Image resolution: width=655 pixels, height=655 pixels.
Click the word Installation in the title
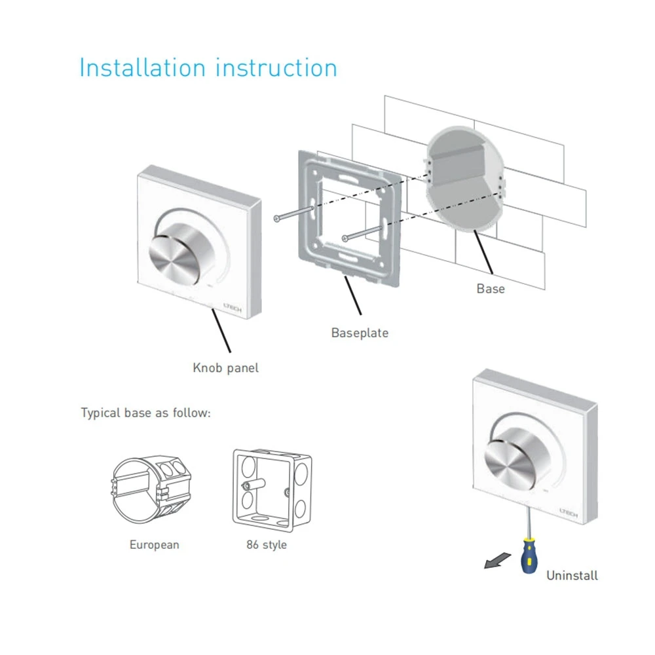coord(142,67)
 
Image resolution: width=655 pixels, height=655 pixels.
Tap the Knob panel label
coord(225,368)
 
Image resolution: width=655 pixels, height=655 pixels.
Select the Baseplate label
coord(360,333)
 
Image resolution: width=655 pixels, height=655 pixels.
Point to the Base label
coord(491,289)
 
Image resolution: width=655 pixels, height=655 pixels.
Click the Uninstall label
coord(572,576)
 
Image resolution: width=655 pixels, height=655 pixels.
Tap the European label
coord(154,545)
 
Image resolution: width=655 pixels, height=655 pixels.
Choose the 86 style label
coord(267,545)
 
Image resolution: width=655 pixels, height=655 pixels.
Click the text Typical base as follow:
coord(146,413)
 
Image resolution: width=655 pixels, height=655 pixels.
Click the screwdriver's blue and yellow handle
coord(529,556)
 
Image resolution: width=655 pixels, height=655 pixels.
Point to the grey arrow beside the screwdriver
coord(497,561)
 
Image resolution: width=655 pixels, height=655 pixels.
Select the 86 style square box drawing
coord(272,491)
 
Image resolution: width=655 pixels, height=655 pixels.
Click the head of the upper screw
coord(276,219)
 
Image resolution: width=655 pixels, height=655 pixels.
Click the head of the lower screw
coord(345,238)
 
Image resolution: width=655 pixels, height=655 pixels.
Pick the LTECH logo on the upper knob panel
coord(233,307)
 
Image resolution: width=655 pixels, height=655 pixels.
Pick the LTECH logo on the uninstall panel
coord(568,513)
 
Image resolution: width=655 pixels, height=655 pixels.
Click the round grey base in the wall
coord(464,178)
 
